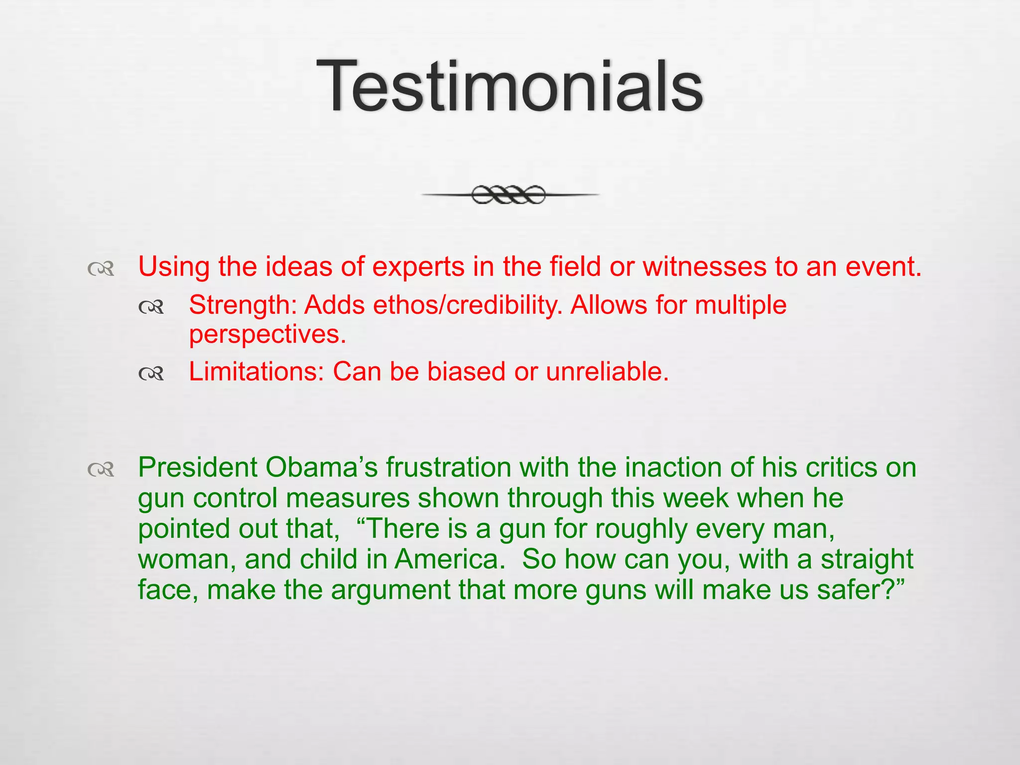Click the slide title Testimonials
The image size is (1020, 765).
510,86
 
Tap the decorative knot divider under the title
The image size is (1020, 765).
509,195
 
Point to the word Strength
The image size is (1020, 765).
243,305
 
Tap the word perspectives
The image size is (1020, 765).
267,335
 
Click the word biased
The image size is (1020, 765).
466,372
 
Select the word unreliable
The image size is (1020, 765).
607,372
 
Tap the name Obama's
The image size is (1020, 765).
322,468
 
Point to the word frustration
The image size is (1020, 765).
448,468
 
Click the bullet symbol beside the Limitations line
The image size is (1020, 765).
151,373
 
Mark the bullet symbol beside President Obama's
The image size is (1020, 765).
101,469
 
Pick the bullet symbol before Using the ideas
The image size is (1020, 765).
101,269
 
